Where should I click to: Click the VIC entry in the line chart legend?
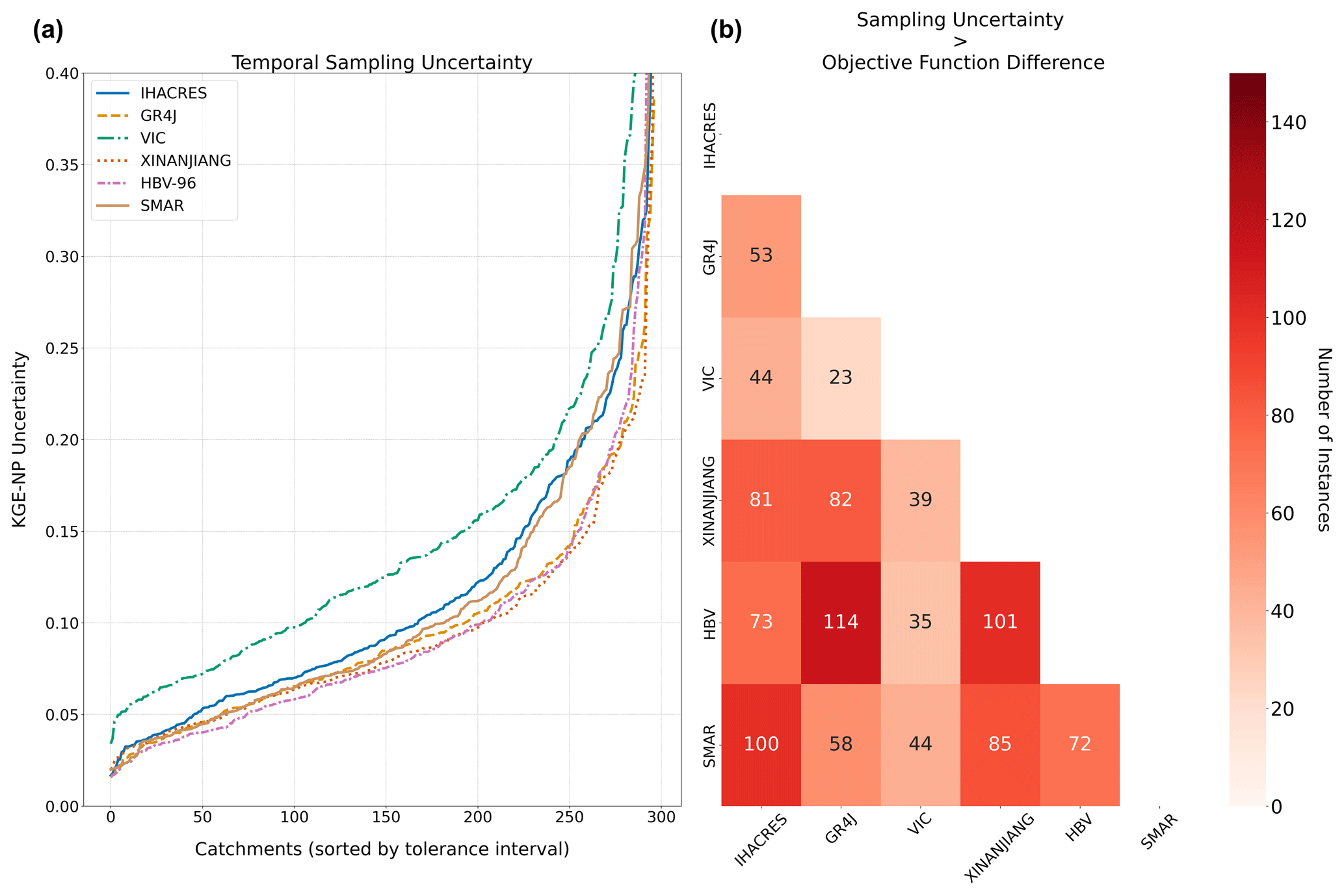153,138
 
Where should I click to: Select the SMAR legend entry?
162,206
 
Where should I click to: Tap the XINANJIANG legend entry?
185,161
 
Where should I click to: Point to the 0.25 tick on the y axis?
62,348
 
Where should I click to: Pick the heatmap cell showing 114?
841,622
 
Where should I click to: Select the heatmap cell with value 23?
841,378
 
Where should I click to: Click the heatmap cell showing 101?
1000,622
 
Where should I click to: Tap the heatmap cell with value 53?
761,255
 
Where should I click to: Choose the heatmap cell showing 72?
1079,744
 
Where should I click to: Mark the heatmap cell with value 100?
761,744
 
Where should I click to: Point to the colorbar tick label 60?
1284,514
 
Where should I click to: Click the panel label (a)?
48,31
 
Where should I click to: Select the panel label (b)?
726,31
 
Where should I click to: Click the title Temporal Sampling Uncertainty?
382,63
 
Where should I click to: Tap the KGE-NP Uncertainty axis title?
20,439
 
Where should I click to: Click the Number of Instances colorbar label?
1323,439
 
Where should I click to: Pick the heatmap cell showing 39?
920,500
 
